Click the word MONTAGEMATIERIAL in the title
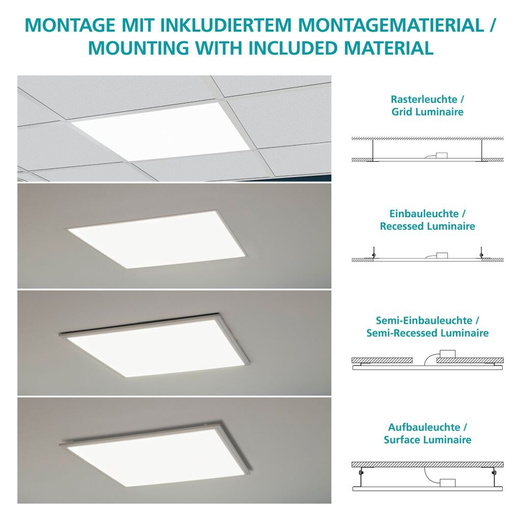coord(391,25)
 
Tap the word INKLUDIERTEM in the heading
coord(226,25)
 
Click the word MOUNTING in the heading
coord(138,48)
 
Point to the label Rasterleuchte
coord(424,99)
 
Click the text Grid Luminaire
coord(427,111)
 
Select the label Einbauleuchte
coord(424,214)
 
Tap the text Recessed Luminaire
coord(427,226)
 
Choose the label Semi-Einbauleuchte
coord(424,321)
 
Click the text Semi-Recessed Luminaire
coord(427,333)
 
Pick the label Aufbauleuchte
coord(424,427)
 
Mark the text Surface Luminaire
coord(427,440)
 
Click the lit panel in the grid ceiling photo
coord(161,131)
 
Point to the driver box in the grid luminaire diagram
coord(442,156)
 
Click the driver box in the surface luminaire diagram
coord(447,483)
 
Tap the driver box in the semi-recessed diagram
coord(447,354)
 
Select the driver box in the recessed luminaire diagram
coord(442,255)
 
